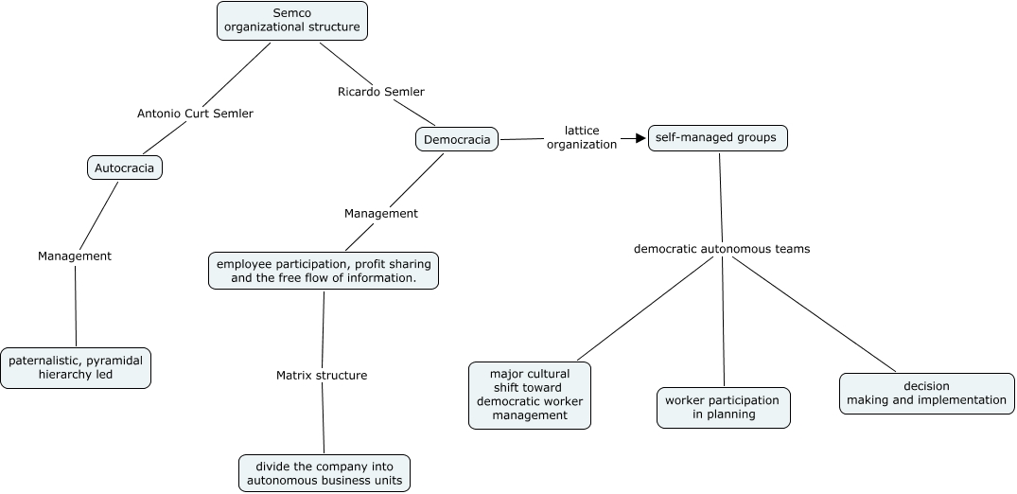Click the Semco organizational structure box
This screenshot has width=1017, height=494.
click(292, 21)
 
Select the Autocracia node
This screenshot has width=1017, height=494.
click(125, 168)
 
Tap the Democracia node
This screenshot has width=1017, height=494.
click(457, 139)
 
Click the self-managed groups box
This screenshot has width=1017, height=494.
click(718, 138)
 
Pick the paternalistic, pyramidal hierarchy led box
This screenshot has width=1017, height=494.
click(76, 368)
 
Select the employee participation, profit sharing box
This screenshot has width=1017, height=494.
click(323, 271)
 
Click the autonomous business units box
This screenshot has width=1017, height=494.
click(324, 473)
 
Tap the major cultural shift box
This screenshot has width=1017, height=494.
click(529, 396)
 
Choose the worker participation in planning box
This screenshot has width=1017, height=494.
click(723, 408)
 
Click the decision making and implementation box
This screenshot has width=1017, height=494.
click(926, 394)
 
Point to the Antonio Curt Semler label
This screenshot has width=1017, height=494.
click(195, 114)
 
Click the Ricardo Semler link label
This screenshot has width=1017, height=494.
click(380, 92)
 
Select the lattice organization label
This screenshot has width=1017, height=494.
click(582, 137)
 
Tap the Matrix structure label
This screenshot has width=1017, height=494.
click(322, 375)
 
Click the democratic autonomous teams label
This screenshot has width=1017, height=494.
click(722, 249)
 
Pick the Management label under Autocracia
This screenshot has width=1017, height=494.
click(75, 256)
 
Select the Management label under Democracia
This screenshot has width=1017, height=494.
click(380, 214)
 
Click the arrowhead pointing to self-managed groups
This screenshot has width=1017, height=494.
click(641, 138)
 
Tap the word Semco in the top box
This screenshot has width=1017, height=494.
click(292, 13)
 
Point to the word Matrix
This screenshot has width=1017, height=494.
click(296, 375)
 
